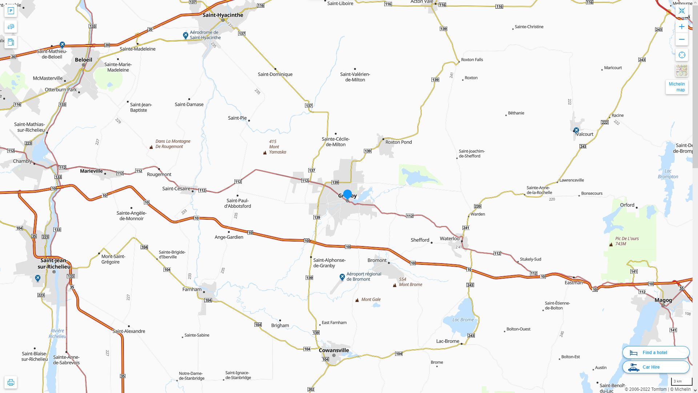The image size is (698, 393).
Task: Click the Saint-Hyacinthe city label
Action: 222,15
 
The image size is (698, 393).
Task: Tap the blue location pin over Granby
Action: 347,195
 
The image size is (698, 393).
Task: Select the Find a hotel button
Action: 655,352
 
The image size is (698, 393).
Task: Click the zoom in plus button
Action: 682,27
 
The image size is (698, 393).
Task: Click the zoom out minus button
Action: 682,39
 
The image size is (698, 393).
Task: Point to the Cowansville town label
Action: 334,350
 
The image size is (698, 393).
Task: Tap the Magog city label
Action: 663,300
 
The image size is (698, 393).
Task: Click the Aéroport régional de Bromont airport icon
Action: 342,277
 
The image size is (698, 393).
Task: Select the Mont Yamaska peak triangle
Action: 265,153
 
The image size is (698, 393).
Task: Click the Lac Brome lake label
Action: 463,319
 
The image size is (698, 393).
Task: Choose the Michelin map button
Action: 677,87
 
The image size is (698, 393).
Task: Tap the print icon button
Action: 11,382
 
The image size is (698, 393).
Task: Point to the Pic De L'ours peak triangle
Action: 611,245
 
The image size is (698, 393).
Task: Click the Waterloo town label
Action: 449,239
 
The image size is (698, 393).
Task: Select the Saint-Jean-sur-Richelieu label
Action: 54,263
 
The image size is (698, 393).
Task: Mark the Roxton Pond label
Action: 398,142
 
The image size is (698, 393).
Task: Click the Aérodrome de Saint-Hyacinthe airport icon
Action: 185,35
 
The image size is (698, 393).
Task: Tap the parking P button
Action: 11,11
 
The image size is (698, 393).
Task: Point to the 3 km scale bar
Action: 681,382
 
